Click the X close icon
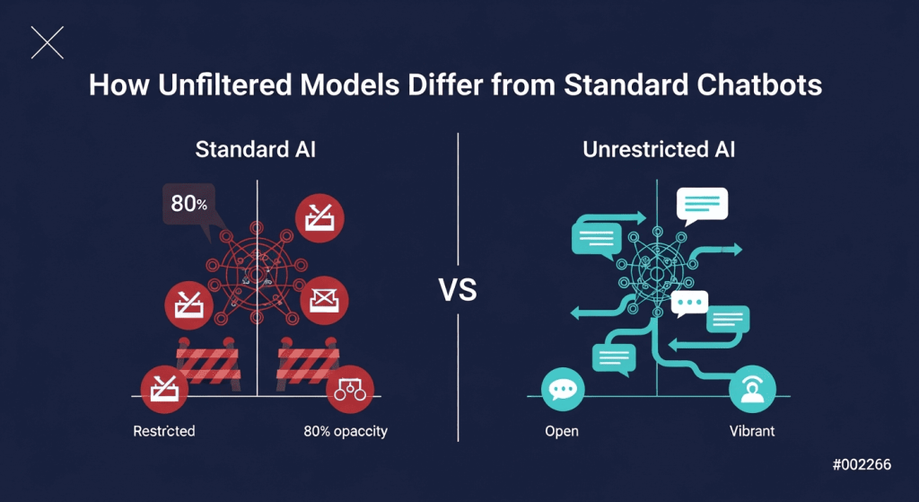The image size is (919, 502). (x=47, y=43)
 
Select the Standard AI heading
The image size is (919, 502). (x=256, y=150)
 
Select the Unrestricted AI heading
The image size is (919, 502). (x=659, y=150)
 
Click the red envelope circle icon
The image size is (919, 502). (x=324, y=300)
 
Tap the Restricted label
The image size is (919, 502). (x=164, y=432)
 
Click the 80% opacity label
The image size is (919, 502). (x=346, y=432)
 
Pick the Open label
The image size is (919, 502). (x=562, y=432)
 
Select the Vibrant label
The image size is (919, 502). (x=752, y=431)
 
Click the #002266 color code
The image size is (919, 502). (x=862, y=465)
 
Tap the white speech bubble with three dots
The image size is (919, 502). (x=689, y=304)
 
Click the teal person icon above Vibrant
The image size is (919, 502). (x=753, y=389)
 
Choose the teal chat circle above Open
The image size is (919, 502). (x=564, y=389)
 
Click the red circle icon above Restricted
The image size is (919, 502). (x=164, y=389)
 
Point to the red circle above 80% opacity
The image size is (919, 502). (x=350, y=389)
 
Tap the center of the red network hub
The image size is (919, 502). (x=256, y=273)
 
